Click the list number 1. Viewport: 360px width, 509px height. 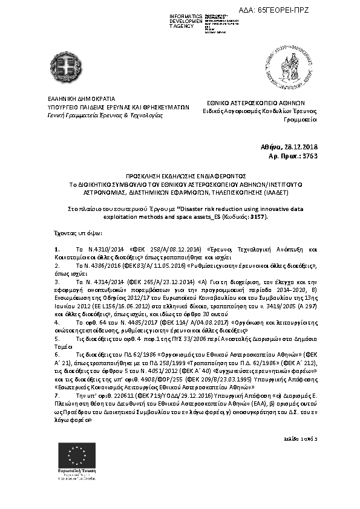coord(56,249)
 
